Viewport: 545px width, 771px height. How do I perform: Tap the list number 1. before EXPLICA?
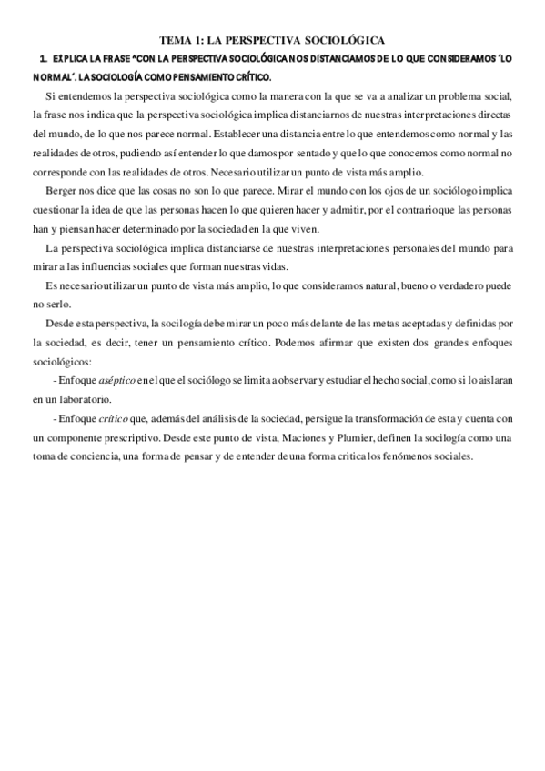[x=43, y=58]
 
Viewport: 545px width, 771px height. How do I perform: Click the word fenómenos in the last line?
[x=401, y=456]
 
